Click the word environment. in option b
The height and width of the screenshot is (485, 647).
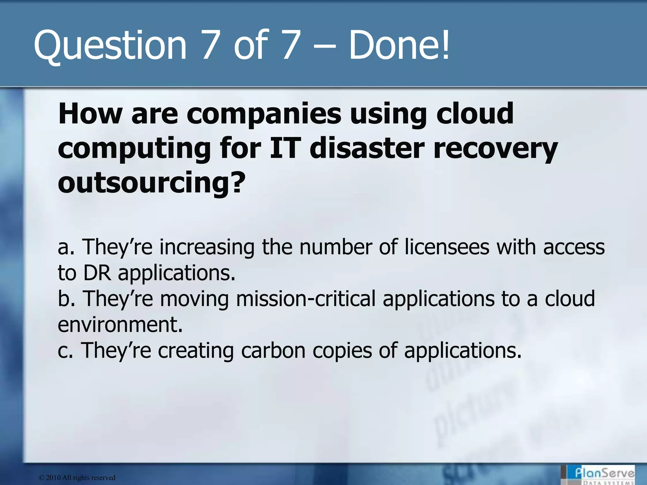coord(120,325)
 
